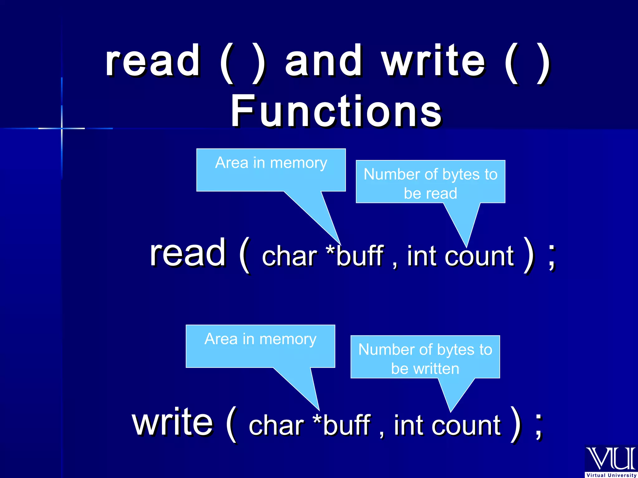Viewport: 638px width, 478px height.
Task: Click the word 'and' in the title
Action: point(324,61)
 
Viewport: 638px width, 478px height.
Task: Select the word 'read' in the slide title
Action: point(153,61)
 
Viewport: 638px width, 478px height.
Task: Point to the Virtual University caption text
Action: point(611,475)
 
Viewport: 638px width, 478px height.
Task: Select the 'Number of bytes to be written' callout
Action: point(425,358)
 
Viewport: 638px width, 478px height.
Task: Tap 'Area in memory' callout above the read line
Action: point(271,170)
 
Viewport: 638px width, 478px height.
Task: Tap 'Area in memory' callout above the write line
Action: point(260,346)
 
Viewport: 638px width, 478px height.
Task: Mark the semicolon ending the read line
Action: point(552,257)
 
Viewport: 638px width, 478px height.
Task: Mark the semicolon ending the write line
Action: point(539,426)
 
